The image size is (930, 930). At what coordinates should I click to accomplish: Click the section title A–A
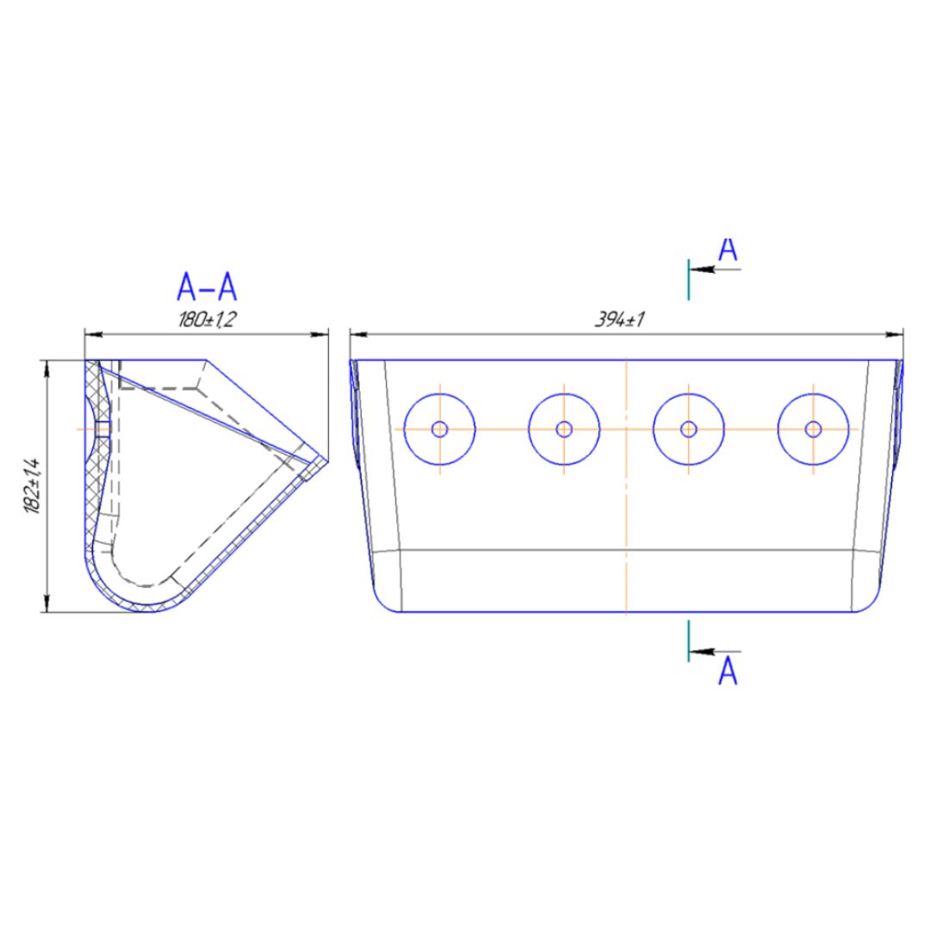tap(207, 288)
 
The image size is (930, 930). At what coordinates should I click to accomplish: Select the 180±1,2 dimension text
tap(207, 320)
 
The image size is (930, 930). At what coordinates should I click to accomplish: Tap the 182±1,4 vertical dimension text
tap(32, 486)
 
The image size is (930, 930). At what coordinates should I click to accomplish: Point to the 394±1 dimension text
tap(620, 320)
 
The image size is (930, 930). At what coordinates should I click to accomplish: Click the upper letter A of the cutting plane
tap(728, 251)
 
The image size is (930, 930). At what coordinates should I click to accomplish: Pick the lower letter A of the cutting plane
tap(728, 672)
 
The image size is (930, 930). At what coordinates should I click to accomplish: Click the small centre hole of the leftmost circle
tap(439, 429)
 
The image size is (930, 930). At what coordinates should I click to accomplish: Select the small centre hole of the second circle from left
tap(564, 429)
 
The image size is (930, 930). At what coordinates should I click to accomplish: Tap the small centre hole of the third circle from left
tap(689, 429)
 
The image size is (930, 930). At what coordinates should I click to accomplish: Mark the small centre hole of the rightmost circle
tap(813, 429)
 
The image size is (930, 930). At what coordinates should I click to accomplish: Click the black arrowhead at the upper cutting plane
tap(702, 270)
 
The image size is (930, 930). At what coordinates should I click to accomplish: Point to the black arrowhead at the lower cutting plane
tap(702, 652)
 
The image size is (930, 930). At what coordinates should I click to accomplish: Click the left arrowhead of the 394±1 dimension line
tap(359, 334)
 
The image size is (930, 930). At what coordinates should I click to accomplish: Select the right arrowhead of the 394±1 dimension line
tap(895, 334)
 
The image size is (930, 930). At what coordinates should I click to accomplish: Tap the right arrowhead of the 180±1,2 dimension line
tap(319, 334)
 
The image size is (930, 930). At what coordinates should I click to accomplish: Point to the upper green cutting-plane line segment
tap(689, 279)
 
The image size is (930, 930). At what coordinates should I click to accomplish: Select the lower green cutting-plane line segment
tap(689, 642)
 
